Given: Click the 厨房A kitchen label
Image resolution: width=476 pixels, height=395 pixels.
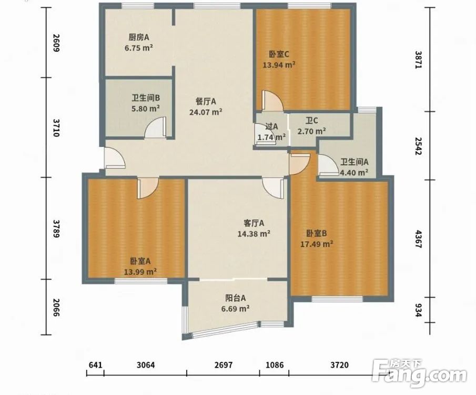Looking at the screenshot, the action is tap(139, 37).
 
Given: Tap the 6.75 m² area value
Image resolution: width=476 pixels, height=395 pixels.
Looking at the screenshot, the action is tap(139, 48).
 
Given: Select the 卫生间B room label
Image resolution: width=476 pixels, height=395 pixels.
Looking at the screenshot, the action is tap(146, 98).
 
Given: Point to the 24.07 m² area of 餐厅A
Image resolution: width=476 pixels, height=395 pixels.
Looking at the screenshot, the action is tap(206, 112).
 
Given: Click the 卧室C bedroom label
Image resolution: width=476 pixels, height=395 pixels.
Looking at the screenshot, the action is tap(279, 54).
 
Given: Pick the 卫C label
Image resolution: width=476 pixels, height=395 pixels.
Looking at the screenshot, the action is tap(312, 121).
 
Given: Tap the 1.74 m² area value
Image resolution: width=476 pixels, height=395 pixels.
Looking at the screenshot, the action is tap(271, 137).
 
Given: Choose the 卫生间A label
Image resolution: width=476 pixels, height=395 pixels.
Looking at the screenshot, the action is tap(355, 162).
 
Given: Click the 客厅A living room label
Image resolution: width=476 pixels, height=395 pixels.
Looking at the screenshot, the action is tap(254, 223).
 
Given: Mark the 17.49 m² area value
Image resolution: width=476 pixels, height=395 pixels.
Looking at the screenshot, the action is tap(317, 244).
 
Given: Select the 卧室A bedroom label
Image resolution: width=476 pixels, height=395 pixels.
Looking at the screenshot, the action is tap(140, 261).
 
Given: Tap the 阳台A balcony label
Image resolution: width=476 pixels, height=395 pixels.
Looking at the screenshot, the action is tap(236, 298).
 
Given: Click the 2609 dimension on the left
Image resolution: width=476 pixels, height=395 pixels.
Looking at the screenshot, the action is tap(56, 43).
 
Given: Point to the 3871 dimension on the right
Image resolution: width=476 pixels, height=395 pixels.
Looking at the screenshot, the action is tap(418, 60).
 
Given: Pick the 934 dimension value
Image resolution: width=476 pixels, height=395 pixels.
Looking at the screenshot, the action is tap(418, 310).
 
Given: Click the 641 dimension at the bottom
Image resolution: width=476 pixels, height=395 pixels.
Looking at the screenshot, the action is tap(95, 364).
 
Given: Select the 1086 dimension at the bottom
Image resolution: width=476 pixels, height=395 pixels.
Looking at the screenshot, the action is tap(275, 364).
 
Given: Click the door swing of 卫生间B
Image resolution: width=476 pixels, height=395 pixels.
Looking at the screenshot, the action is tap(156, 127).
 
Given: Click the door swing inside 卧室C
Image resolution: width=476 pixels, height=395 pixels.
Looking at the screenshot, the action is tap(272, 100).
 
